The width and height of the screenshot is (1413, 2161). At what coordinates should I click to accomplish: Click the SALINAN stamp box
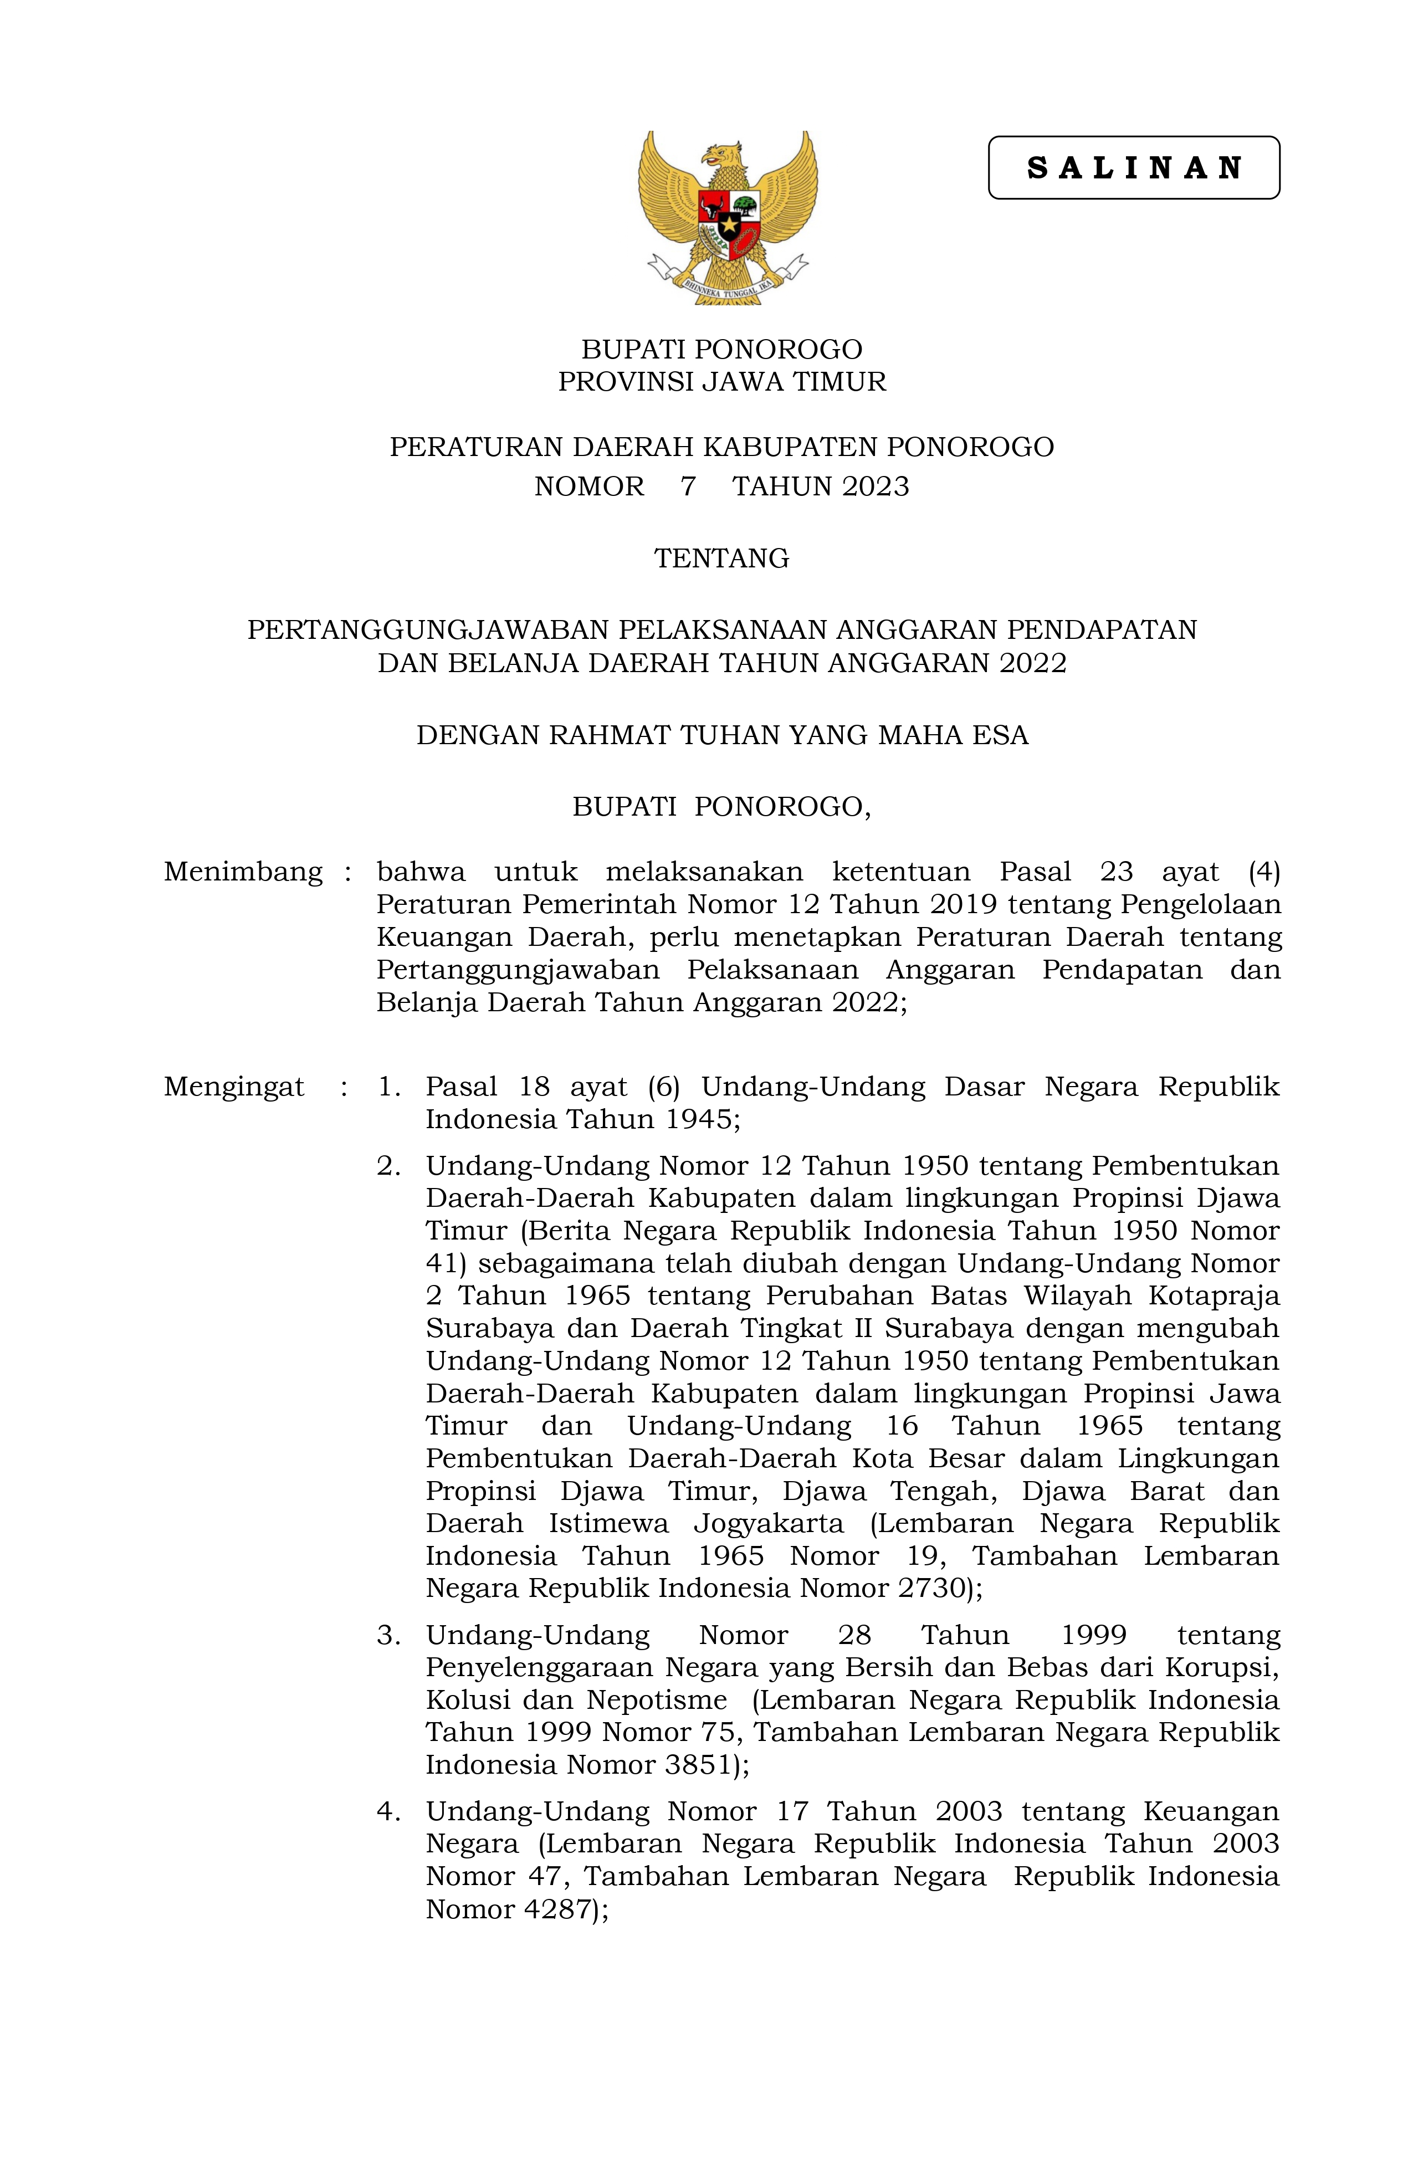(x=1133, y=168)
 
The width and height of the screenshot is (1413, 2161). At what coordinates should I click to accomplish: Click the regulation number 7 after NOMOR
(x=688, y=487)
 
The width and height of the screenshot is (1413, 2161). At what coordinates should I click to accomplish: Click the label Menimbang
(x=243, y=872)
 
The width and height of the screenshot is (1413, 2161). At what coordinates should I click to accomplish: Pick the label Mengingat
(x=233, y=1086)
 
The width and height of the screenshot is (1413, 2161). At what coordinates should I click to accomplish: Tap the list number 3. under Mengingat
(x=388, y=1635)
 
